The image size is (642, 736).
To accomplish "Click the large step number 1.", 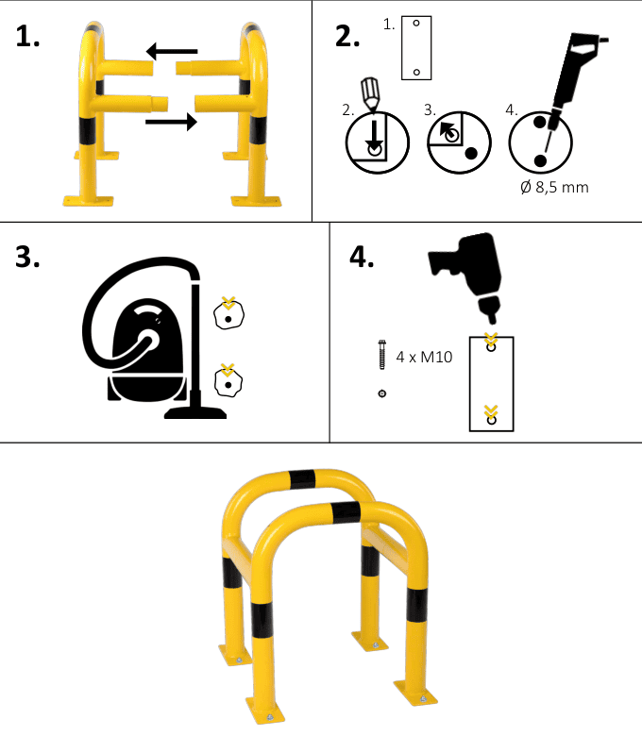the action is (27, 37).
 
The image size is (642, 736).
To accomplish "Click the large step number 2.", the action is (347, 36).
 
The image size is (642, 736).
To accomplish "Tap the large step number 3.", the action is (27, 258).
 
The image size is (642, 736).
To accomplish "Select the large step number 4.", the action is (362, 258).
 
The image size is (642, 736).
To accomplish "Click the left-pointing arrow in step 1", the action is (172, 51).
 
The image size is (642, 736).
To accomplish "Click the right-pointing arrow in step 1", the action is (172, 122).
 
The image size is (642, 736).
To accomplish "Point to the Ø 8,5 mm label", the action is (554, 187).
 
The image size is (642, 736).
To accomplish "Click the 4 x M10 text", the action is (424, 358).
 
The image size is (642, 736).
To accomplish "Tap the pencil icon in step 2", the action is (370, 94).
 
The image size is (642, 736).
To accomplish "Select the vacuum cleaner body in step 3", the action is (146, 350).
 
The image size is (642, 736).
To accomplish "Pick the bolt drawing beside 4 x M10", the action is (382, 355).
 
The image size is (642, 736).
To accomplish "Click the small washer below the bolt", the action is (382, 393).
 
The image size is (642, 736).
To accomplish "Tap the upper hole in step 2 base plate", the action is (416, 23).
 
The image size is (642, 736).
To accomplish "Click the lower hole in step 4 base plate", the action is (491, 420).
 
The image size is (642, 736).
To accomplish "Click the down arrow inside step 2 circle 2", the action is (374, 134).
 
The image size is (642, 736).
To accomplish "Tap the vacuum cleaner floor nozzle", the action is (194, 413).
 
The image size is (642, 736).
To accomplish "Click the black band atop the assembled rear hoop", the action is (302, 478).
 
